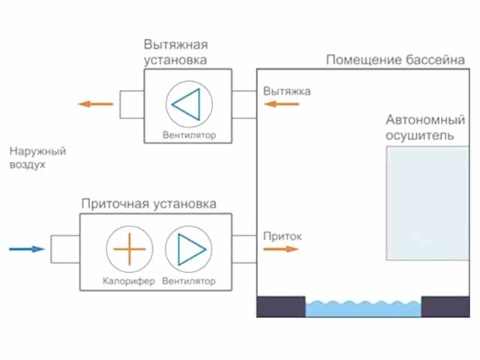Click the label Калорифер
(128, 281)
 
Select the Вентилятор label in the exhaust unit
(188, 135)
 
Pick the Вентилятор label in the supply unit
(188, 281)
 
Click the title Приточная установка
(149, 203)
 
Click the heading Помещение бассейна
(396, 59)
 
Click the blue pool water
(364, 308)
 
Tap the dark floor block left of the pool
(280, 307)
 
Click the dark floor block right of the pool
(445, 307)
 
